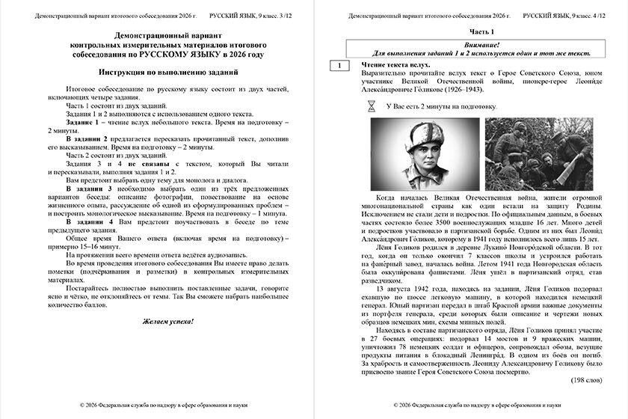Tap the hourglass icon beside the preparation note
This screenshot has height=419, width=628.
(371, 107)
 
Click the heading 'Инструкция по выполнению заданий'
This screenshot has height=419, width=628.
(168, 72)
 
